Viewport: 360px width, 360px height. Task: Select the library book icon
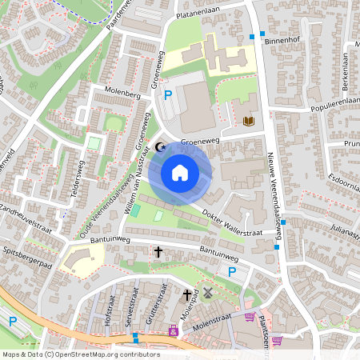247,122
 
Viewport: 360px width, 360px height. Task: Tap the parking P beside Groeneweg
168,95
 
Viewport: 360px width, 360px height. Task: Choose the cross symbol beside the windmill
188,294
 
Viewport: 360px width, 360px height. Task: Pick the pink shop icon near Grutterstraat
172,330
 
